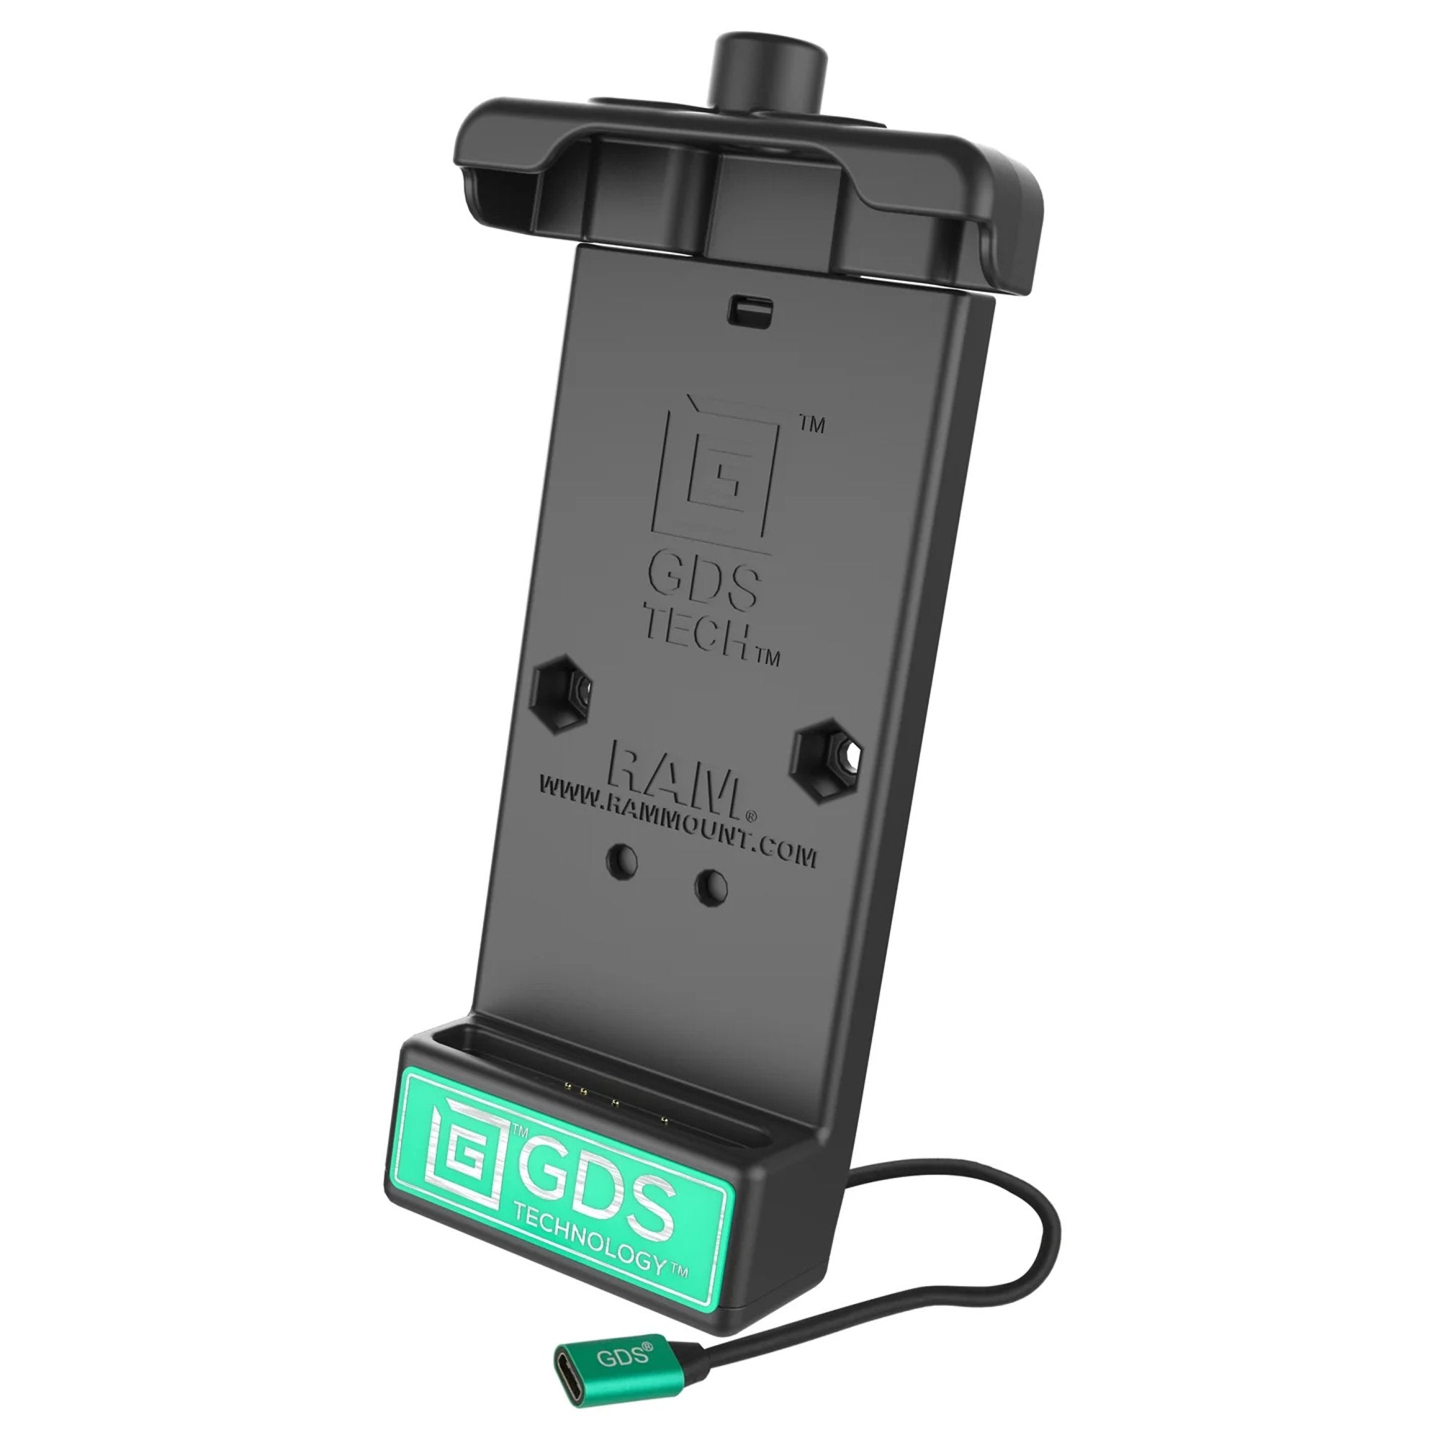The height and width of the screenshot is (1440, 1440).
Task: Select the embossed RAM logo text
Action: coord(675,783)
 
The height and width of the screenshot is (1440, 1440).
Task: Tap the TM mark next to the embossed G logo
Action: coord(811,426)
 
